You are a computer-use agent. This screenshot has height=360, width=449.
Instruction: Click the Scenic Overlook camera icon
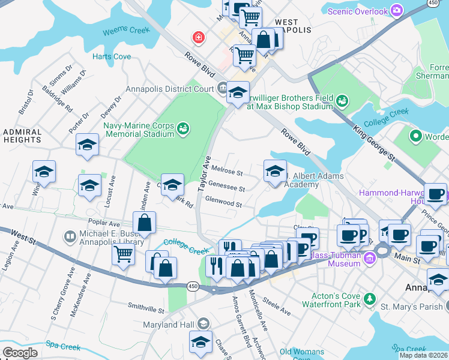coord(396,10)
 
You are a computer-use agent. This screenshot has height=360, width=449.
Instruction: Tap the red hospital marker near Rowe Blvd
coord(197,38)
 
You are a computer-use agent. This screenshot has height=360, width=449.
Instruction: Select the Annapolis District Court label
coord(169,89)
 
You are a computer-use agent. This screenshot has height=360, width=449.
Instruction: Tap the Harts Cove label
coord(112,57)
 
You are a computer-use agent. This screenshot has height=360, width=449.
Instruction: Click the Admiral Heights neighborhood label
coord(22,136)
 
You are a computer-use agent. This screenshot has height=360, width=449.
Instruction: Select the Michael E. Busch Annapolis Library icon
coord(70,237)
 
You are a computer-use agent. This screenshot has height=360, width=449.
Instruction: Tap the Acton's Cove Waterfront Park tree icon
coord(370,299)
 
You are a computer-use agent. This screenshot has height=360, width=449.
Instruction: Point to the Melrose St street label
coord(227,173)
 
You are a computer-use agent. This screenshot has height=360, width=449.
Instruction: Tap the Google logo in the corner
coord(20,353)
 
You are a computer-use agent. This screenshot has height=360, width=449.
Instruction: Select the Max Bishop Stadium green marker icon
coord(342,100)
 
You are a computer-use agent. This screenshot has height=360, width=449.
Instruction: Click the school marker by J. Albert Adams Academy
coord(275,171)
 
